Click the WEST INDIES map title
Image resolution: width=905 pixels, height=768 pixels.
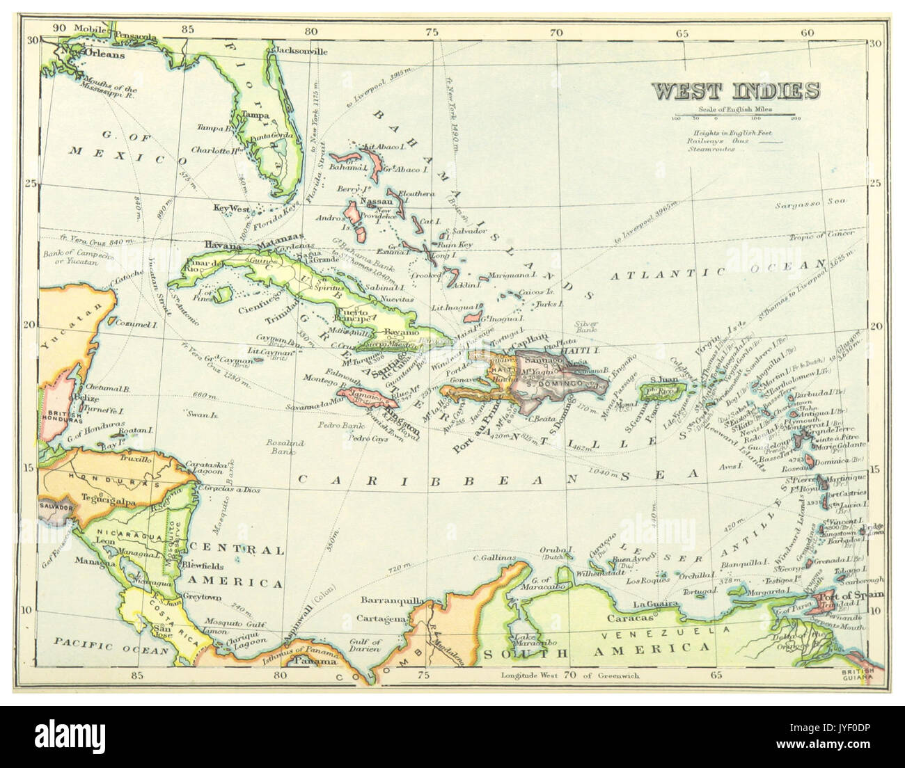click(734, 91)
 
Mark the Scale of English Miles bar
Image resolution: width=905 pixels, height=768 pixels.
click(734, 115)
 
